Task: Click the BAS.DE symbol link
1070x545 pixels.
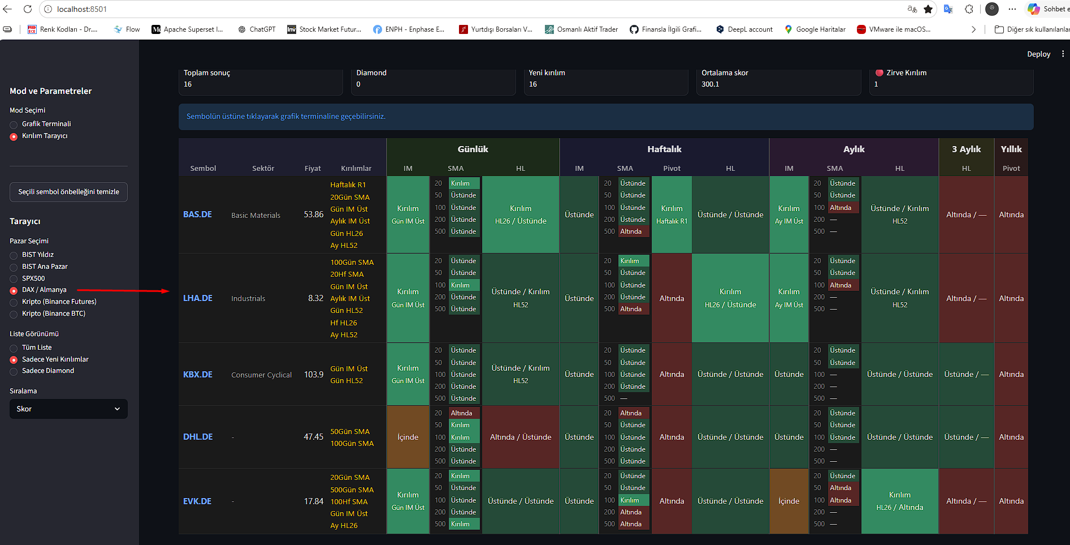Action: pyautogui.click(x=197, y=214)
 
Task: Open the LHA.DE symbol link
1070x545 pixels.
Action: pyautogui.click(x=198, y=298)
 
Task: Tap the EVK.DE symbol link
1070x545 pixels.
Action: pyautogui.click(x=197, y=501)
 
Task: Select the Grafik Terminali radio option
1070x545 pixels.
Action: pyautogui.click(x=14, y=125)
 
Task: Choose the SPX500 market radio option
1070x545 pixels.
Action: pyautogui.click(x=14, y=279)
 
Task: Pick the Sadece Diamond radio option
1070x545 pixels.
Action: pyautogui.click(x=14, y=371)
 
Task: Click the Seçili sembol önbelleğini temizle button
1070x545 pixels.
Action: pyautogui.click(x=68, y=192)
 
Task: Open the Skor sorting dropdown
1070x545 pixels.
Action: pyautogui.click(x=68, y=409)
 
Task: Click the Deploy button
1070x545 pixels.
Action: pyautogui.click(x=1038, y=54)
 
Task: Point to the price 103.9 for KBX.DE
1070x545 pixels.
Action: pyautogui.click(x=314, y=375)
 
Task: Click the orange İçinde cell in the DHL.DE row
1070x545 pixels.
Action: pyautogui.click(x=408, y=437)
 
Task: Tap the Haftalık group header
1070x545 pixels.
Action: pyautogui.click(x=664, y=149)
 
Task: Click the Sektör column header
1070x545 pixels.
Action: pyautogui.click(x=263, y=169)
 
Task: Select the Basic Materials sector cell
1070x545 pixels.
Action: pyautogui.click(x=255, y=216)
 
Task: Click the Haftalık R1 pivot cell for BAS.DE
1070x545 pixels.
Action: pyautogui.click(x=672, y=214)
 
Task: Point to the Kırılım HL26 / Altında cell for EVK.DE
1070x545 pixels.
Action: pyautogui.click(x=899, y=501)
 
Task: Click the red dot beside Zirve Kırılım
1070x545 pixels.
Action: pyautogui.click(x=880, y=72)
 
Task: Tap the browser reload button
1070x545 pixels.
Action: pyautogui.click(x=28, y=9)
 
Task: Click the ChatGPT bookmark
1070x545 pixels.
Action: pyautogui.click(x=257, y=29)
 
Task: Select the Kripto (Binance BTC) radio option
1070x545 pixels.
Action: pyautogui.click(x=14, y=314)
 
